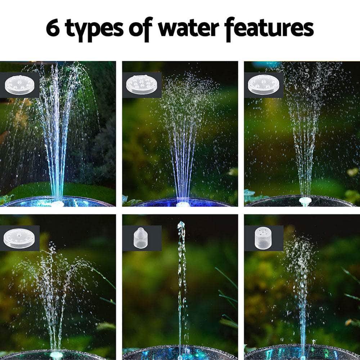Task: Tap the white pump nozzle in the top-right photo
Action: (x=305, y=201)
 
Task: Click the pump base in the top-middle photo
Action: (x=182, y=204)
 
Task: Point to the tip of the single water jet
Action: (x=181, y=224)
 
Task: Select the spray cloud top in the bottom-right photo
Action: (x=300, y=248)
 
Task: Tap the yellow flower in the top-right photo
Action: (x=352, y=172)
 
